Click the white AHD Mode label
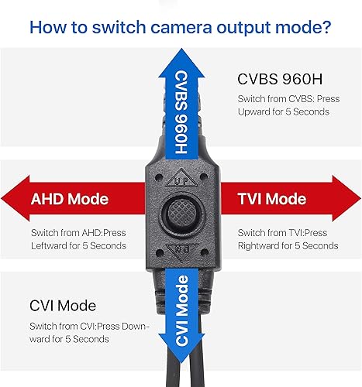(70, 200)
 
